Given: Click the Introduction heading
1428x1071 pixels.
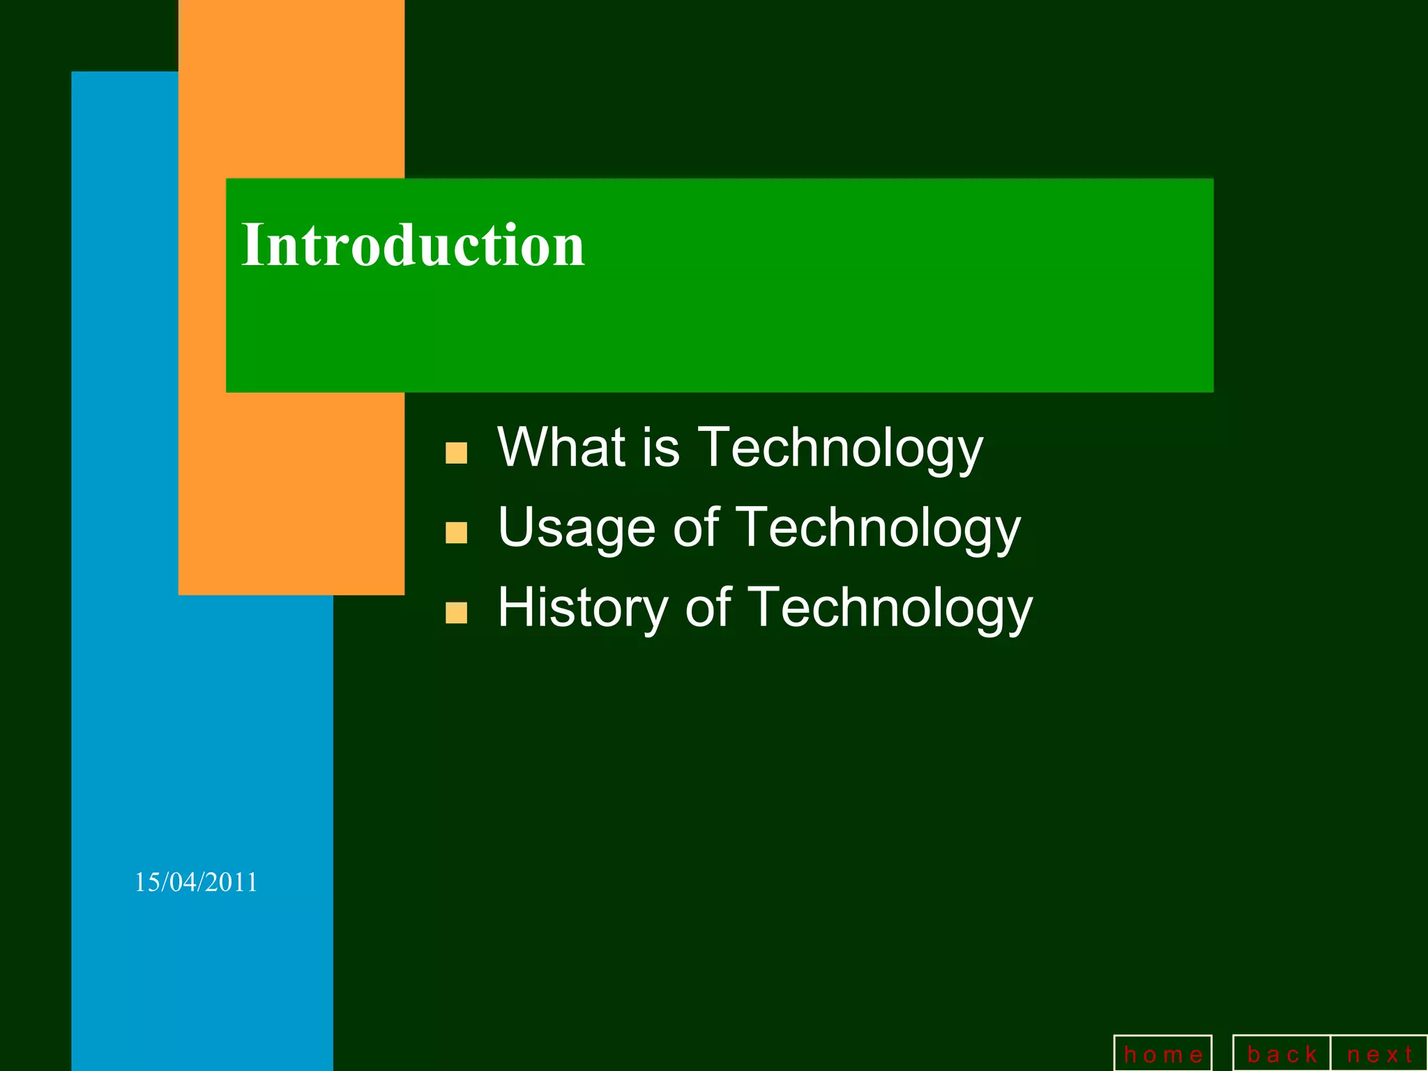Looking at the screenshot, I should click(x=413, y=245).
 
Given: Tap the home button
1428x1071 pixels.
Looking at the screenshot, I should click(x=1163, y=1054).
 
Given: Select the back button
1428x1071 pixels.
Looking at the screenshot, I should click(x=1282, y=1054).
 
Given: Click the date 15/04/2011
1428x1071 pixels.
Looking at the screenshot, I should click(x=196, y=883).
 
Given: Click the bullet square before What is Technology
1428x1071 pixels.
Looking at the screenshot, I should click(x=456, y=453).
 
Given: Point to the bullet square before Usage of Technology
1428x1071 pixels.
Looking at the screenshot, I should click(x=456, y=533).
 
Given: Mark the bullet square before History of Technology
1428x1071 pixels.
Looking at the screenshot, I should click(x=456, y=613).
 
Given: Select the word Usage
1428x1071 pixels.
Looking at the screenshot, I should click(x=577, y=529).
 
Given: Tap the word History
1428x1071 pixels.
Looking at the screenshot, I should click(x=583, y=608).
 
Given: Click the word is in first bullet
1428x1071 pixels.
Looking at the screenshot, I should click(x=660, y=447).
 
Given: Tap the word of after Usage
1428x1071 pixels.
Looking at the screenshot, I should click(x=696, y=528).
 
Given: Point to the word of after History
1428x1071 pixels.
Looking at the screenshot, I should click(x=708, y=608).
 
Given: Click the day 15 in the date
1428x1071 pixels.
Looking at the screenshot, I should click(x=146, y=883).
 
